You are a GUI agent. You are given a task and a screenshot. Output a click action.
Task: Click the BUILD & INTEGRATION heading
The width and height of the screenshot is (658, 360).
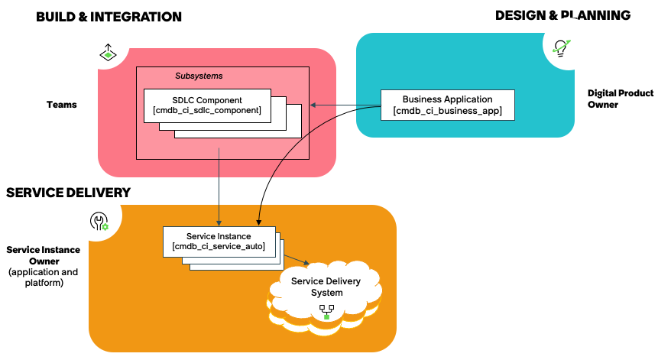point(109,17)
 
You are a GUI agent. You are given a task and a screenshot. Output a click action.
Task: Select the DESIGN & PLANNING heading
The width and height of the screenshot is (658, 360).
point(562,15)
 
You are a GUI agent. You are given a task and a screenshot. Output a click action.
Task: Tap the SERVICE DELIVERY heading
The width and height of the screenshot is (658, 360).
point(69,193)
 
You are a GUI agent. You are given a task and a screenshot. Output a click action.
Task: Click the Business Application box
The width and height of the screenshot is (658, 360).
point(447,105)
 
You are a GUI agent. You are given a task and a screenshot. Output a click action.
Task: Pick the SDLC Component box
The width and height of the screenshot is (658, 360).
point(207,105)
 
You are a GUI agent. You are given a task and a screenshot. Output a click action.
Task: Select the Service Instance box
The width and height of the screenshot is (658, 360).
point(219,242)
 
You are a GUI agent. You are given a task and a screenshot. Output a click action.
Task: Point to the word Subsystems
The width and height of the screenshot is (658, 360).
point(199,76)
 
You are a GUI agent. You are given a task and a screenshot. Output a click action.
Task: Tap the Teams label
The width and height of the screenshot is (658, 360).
point(62,105)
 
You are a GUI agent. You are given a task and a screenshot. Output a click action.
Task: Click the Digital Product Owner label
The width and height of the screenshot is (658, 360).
point(621,99)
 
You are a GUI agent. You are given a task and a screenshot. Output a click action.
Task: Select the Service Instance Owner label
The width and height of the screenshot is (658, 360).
point(44,255)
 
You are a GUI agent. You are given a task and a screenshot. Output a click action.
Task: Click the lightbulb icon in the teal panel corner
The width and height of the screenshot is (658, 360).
point(561,48)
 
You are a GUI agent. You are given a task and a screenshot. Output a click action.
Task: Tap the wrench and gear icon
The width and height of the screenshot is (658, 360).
point(99,221)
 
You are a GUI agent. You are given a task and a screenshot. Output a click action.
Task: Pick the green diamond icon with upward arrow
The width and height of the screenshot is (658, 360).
point(108,53)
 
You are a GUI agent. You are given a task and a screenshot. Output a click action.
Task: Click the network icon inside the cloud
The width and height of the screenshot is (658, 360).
point(326,312)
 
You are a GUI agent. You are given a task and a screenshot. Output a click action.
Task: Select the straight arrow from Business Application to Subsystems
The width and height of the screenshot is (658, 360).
point(345,105)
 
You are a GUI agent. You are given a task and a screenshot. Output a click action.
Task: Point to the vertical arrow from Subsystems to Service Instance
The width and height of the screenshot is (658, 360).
point(219,186)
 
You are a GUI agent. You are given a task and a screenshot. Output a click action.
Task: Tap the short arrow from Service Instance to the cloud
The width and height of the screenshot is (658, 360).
point(297,259)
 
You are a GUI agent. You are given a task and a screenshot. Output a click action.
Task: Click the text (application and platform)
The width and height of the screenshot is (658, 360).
point(44,277)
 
